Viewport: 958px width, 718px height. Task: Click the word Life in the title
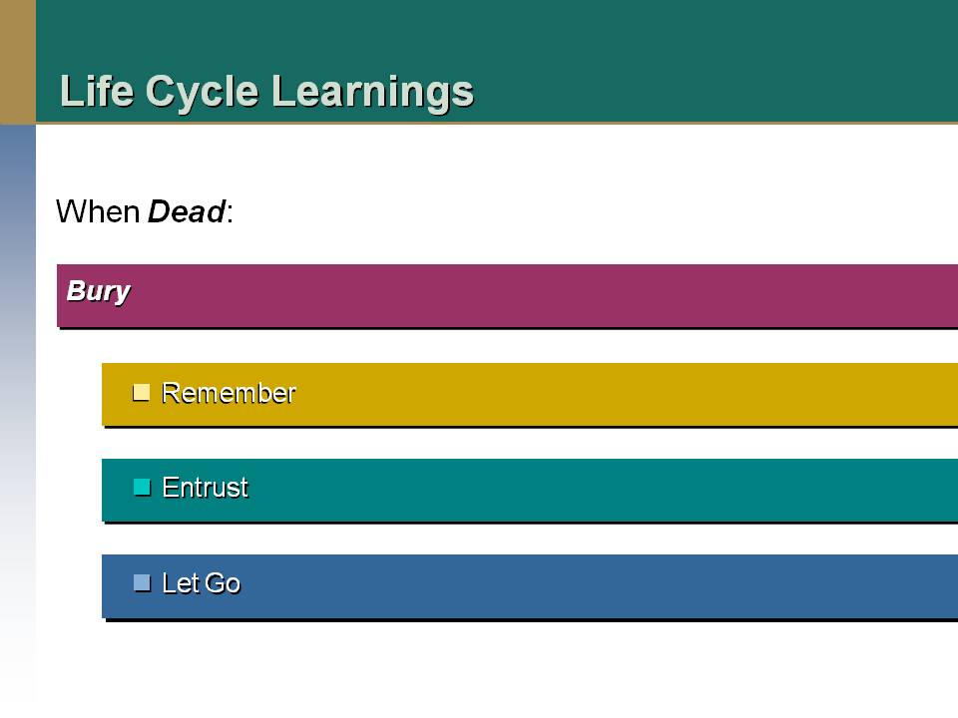pyautogui.click(x=97, y=91)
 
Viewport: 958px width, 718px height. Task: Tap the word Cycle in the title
pyautogui.click(x=203, y=92)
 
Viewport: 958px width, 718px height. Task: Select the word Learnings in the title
pyautogui.click(x=372, y=92)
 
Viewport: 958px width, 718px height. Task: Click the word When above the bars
pyautogui.click(x=99, y=211)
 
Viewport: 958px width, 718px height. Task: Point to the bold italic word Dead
pyautogui.click(x=187, y=211)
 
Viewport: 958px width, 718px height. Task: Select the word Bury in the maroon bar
pyautogui.click(x=99, y=291)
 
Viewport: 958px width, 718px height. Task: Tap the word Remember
pyautogui.click(x=229, y=393)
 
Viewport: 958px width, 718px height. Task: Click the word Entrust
pyautogui.click(x=206, y=488)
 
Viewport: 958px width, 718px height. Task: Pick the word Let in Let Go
pyautogui.click(x=181, y=583)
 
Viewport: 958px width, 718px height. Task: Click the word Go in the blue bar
pyautogui.click(x=223, y=583)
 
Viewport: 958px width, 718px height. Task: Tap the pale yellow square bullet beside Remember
pyautogui.click(x=141, y=393)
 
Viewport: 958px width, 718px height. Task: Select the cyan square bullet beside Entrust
pyautogui.click(x=142, y=488)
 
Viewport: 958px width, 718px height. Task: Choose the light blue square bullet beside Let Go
pyautogui.click(x=142, y=583)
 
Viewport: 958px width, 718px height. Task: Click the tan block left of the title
pyautogui.click(x=18, y=62)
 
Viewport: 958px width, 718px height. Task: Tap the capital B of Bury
pyautogui.click(x=76, y=290)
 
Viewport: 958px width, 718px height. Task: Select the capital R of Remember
pyautogui.click(x=170, y=393)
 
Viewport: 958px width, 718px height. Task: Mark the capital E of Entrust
pyautogui.click(x=170, y=488)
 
